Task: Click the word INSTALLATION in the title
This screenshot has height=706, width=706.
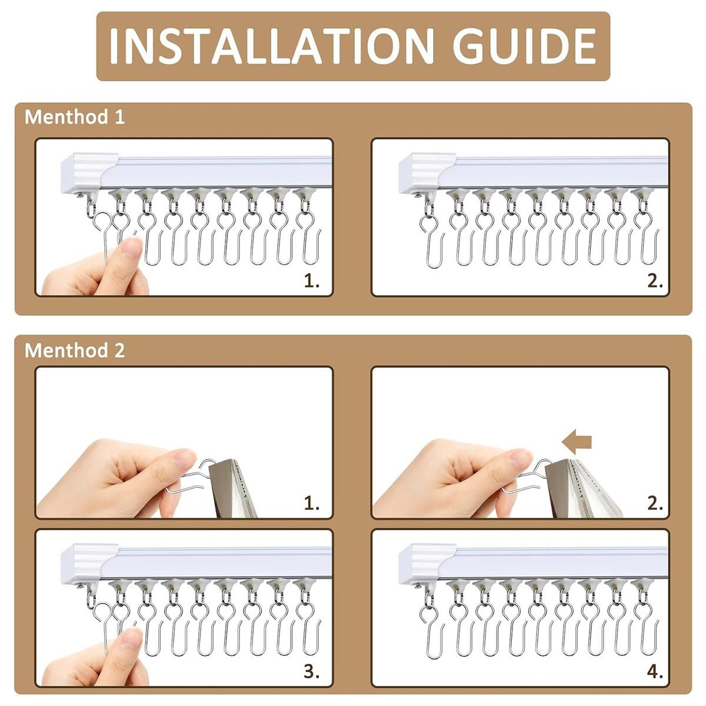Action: (271, 46)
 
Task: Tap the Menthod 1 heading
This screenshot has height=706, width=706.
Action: (74, 117)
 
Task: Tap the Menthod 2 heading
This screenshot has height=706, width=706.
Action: (74, 351)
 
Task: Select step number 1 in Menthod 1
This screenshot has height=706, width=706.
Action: (311, 281)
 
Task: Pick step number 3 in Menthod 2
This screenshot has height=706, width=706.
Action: (311, 672)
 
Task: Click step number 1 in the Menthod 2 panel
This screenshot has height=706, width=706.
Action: (311, 504)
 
